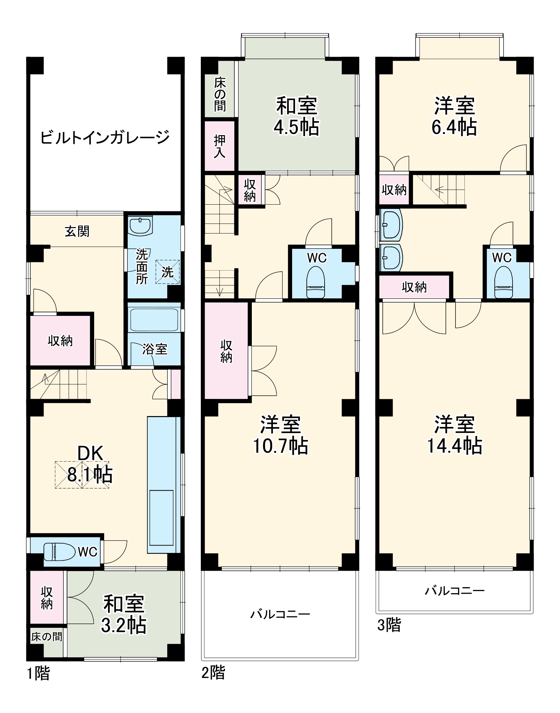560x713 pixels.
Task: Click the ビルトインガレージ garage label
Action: (x=105, y=138)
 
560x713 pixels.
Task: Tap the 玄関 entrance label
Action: (x=77, y=232)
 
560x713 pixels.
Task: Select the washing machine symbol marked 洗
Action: (x=167, y=272)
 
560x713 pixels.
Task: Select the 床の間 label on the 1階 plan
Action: (x=46, y=637)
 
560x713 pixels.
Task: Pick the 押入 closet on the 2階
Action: (x=219, y=146)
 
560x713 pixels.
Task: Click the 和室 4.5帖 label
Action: (x=296, y=116)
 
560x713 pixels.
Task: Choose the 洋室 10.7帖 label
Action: (x=280, y=435)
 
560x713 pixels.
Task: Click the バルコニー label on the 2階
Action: (x=280, y=614)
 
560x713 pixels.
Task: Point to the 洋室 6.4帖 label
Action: (x=454, y=116)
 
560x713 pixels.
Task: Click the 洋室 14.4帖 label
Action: (x=454, y=435)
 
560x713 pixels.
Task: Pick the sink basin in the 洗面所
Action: (x=141, y=226)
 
